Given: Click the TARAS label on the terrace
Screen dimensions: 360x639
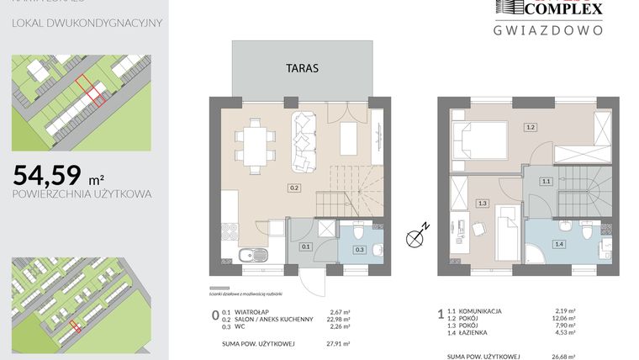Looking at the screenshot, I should click(302, 69).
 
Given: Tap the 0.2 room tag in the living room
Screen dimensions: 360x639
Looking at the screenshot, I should click(294, 188).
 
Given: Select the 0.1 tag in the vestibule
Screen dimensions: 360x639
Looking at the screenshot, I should click(306, 246).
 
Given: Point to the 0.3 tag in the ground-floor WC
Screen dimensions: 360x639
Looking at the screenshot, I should click(359, 250).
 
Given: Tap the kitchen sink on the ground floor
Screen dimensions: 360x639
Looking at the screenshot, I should click(250, 257).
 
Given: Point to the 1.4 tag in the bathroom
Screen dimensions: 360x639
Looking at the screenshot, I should click(558, 243).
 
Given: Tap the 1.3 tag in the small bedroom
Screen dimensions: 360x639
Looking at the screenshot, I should click(482, 203).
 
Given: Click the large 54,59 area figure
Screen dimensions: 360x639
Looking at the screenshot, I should click(48, 175).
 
